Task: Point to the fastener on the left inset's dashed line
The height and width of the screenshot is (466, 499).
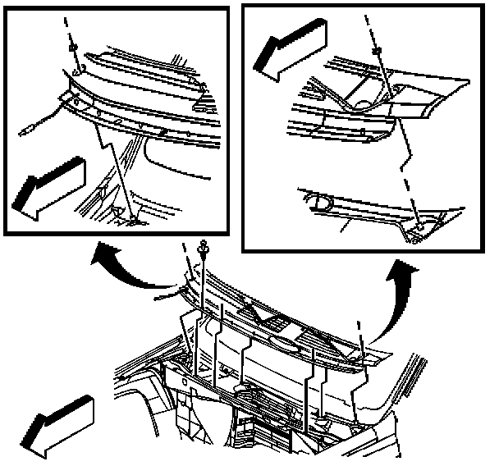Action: pos(74,51)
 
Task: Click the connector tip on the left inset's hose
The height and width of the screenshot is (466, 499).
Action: pos(25,130)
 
